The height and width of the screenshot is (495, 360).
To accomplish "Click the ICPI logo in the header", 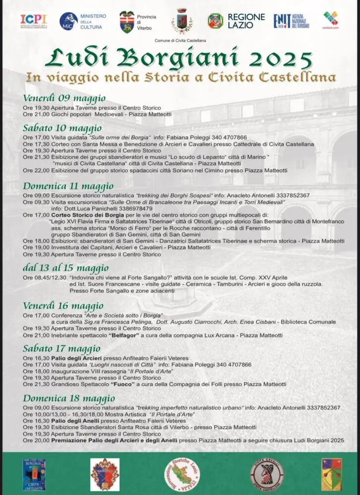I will click(x=34, y=21).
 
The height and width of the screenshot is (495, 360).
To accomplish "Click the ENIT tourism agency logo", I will click(x=291, y=21).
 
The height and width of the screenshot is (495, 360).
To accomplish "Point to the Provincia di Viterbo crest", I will click(x=127, y=21).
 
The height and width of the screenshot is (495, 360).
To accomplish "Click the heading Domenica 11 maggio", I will click(x=68, y=186).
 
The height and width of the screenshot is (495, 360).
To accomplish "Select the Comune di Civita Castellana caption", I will click(x=180, y=40).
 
